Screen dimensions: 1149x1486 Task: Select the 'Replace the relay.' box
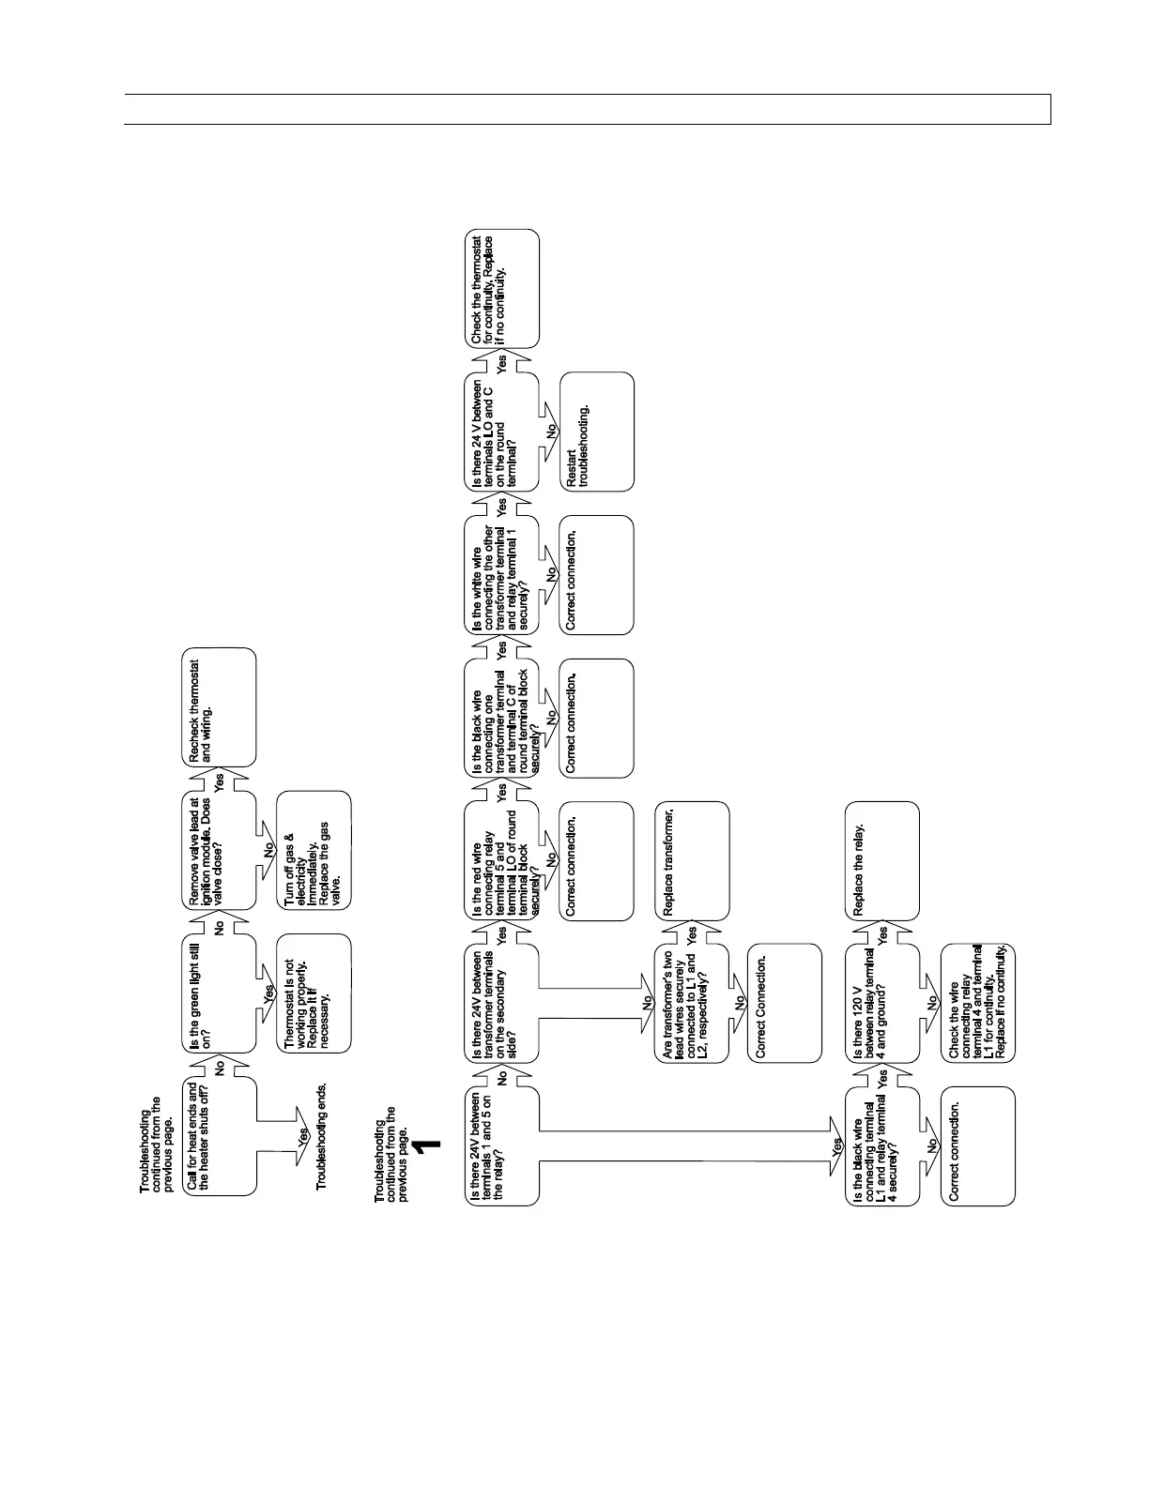click(x=883, y=860)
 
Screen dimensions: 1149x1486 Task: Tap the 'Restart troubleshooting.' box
click(x=597, y=432)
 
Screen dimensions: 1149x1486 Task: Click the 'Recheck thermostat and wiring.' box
click(x=218, y=706)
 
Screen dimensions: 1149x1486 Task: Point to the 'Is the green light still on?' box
click(x=218, y=993)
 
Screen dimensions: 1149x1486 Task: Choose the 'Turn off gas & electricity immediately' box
click(x=314, y=850)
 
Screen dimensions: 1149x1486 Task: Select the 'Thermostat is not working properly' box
click(x=314, y=993)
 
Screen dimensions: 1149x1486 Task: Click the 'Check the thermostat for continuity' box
click(x=502, y=288)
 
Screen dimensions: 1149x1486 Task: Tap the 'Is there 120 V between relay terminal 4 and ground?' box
click(x=883, y=1003)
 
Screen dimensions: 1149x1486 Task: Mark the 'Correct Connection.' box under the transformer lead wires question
click(x=785, y=1003)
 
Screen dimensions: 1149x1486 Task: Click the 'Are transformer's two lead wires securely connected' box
click(x=692, y=1003)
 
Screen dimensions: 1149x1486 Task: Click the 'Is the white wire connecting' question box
click(x=502, y=575)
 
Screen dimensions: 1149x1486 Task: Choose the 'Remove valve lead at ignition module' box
click(x=218, y=850)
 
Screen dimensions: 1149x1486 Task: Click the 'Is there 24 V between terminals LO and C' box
click(x=502, y=432)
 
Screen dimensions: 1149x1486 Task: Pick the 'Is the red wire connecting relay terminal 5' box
click(x=502, y=860)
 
